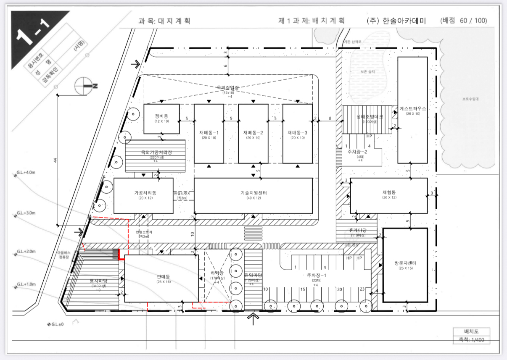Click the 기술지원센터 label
pyautogui.click(x=253, y=192)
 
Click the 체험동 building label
pyautogui.click(x=389, y=192)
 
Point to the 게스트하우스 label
pyautogui.click(x=413, y=108)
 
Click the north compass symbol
pyautogui.click(x=84, y=86)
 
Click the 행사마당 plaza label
pyautogui.click(x=98, y=281)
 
